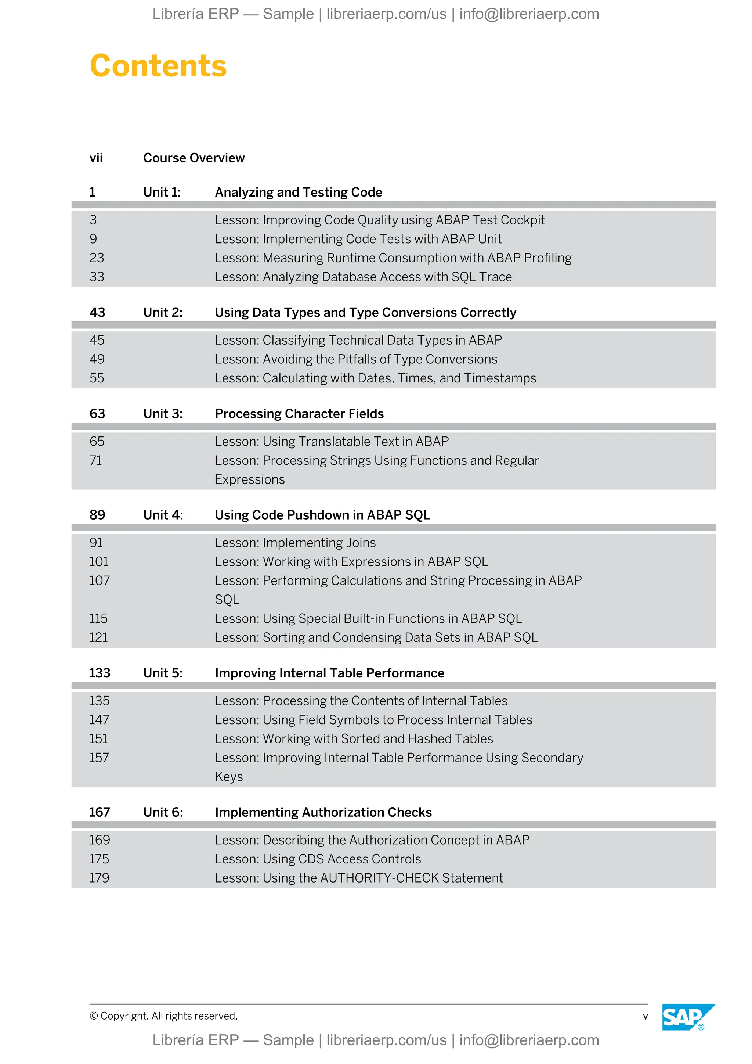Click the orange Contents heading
pyautogui.click(x=158, y=66)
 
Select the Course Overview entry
pyautogui.click(x=194, y=158)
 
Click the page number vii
pyautogui.click(x=96, y=158)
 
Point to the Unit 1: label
pyautogui.click(x=162, y=192)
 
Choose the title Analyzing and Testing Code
pyautogui.click(x=298, y=192)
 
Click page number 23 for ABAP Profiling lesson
pyautogui.click(x=97, y=258)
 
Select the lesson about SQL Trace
pyautogui.click(x=363, y=277)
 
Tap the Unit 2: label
pyautogui.click(x=163, y=312)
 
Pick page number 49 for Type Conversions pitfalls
pyautogui.click(x=97, y=359)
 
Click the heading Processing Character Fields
pyautogui.click(x=299, y=414)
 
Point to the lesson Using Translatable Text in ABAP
pyautogui.click(x=332, y=442)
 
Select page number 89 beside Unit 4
pyautogui.click(x=97, y=515)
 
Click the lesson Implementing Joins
pyautogui.click(x=295, y=543)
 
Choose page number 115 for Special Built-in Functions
pyautogui.click(x=98, y=619)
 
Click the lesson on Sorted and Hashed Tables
pyautogui.click(x=354, y=739)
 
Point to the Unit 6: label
pyautogui.click(x=163, y=812)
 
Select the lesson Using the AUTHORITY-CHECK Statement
pyautogui.click(x=358, y=878)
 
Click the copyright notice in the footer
pyautogui.click(x=163, y=1016)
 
